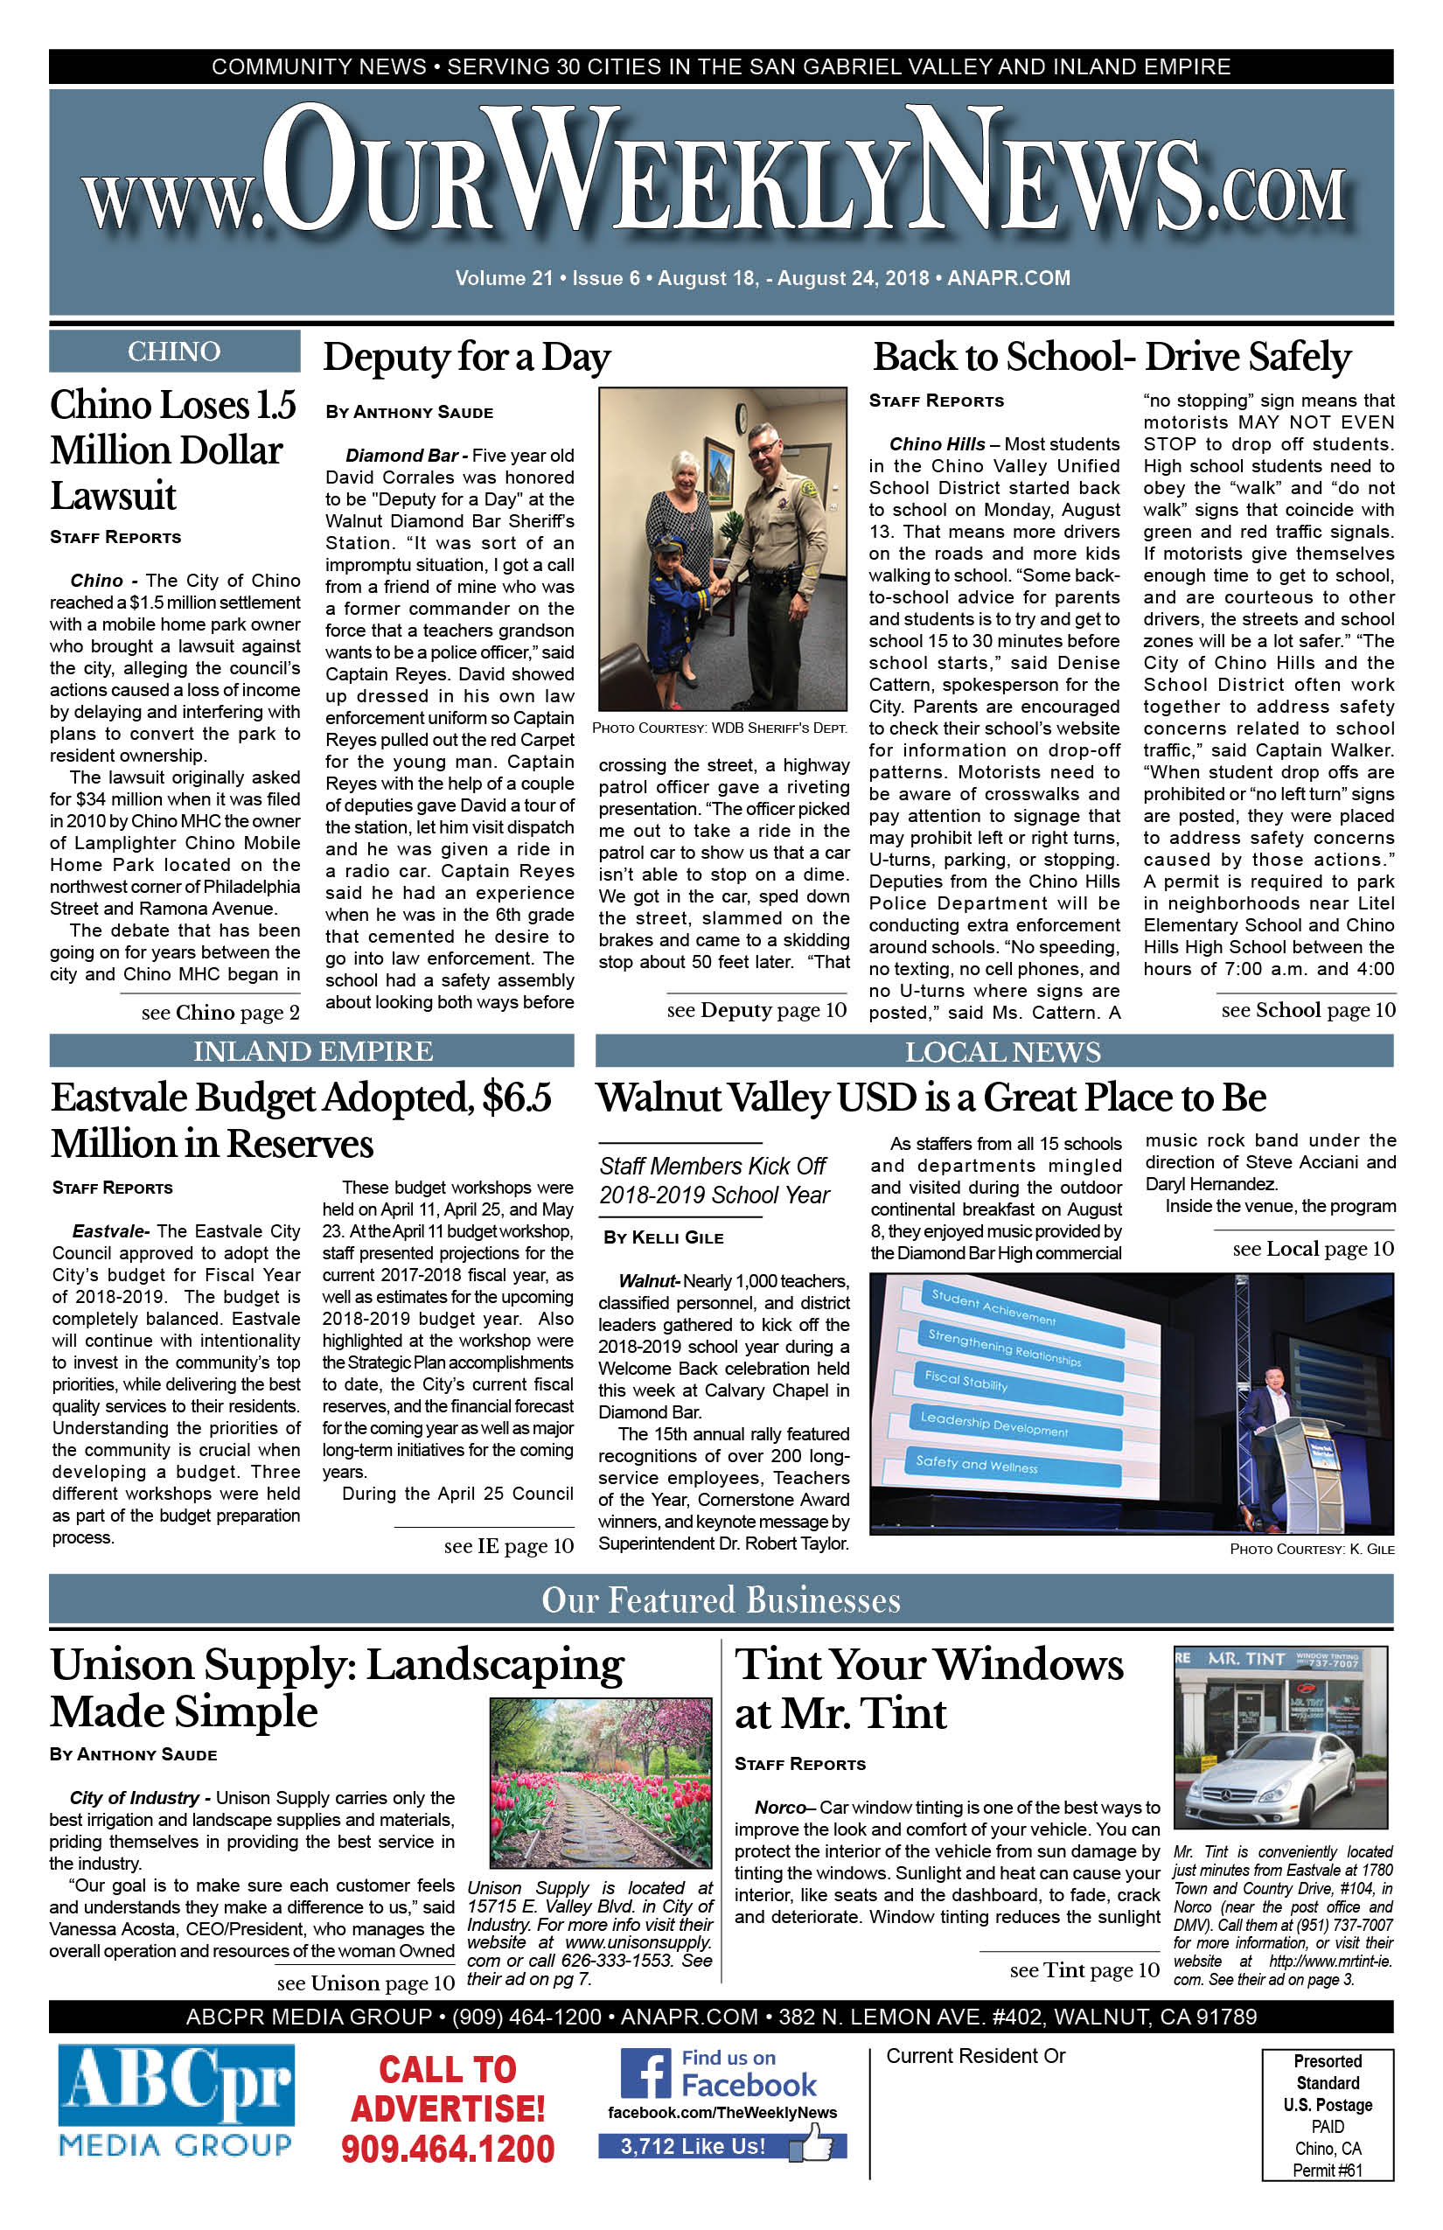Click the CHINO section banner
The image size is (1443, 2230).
174,352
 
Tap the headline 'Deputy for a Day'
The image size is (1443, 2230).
467,357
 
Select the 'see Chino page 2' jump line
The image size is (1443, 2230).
220,1013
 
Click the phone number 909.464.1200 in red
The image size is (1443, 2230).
448,2150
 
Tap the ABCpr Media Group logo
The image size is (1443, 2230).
176,2101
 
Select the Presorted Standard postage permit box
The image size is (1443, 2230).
1327,2115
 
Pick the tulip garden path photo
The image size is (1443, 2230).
601,1783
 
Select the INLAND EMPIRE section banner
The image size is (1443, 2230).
312,1051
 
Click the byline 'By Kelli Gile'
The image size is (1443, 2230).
664,1237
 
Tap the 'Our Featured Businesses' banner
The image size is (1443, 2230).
721,1600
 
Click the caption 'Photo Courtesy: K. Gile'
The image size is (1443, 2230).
1311,1550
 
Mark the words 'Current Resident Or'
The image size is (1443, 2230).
975,2056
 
